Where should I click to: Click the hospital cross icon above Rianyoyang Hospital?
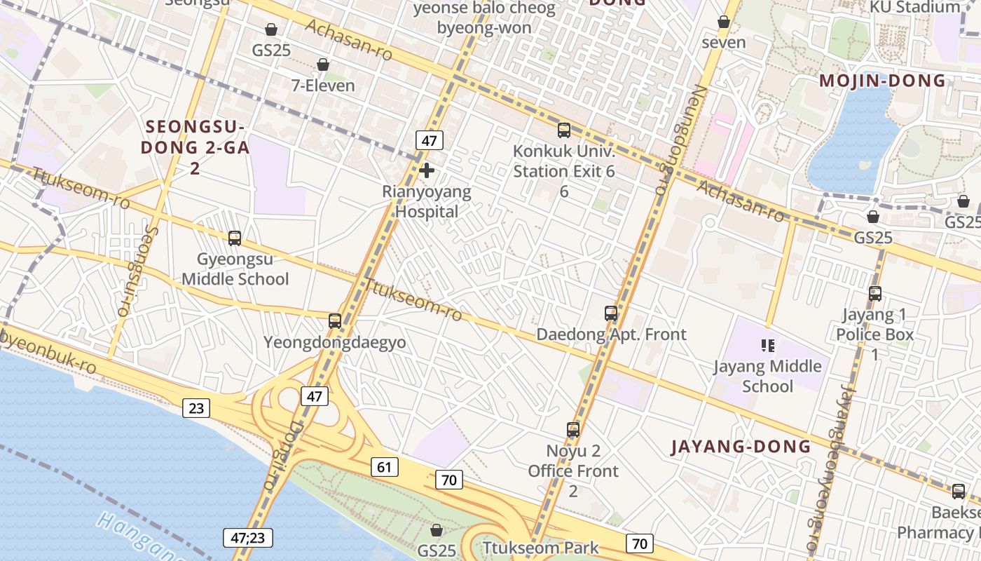(426, 170)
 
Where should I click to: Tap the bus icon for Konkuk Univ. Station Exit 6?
(564, 130)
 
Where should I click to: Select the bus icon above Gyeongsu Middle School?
(235, 238)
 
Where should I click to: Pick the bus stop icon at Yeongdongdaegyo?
(335, 321)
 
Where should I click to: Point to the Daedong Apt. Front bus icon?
(611, 313)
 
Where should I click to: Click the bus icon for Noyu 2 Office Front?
(573, 429)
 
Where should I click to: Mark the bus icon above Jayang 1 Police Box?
(875, 294)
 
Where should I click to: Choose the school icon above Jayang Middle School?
(768, 345)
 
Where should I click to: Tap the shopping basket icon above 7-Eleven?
(323, 65)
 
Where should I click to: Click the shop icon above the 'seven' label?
(724, 22)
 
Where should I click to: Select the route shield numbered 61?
(386, 467)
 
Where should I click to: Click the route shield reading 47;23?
(248, 538)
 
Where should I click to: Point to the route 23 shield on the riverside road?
(195, 407)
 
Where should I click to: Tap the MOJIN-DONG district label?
(883, 81)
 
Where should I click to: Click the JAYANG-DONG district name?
(741, 447)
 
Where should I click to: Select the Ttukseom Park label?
(540, 548)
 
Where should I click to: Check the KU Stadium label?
(914, 7)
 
